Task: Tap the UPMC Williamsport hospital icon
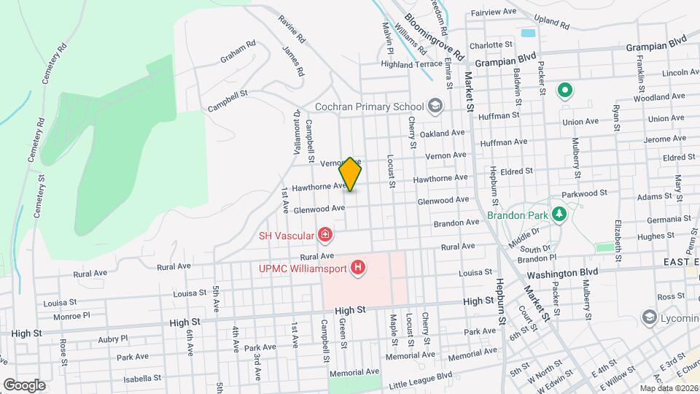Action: click(x=357, y=269)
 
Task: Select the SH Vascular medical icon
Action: click(x=325, y=235)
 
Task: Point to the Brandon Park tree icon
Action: click(x=559, y=215)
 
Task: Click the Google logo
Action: click(x=24, y=385)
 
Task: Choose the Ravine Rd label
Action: click(x=291, y=27)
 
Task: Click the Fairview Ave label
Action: click(x=492, y=12)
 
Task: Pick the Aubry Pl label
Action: click(x=112, y=339)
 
